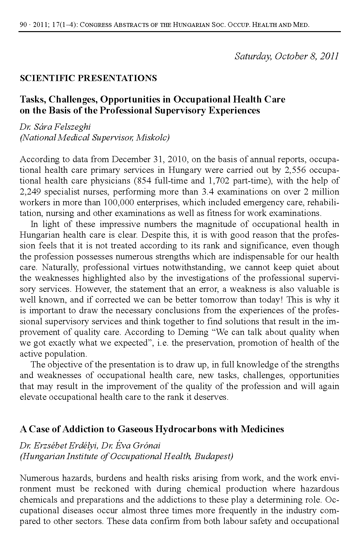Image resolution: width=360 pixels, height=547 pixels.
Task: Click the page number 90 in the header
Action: click(23, 25)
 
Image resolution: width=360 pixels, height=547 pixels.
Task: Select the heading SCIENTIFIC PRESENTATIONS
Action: click(88, 78)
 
